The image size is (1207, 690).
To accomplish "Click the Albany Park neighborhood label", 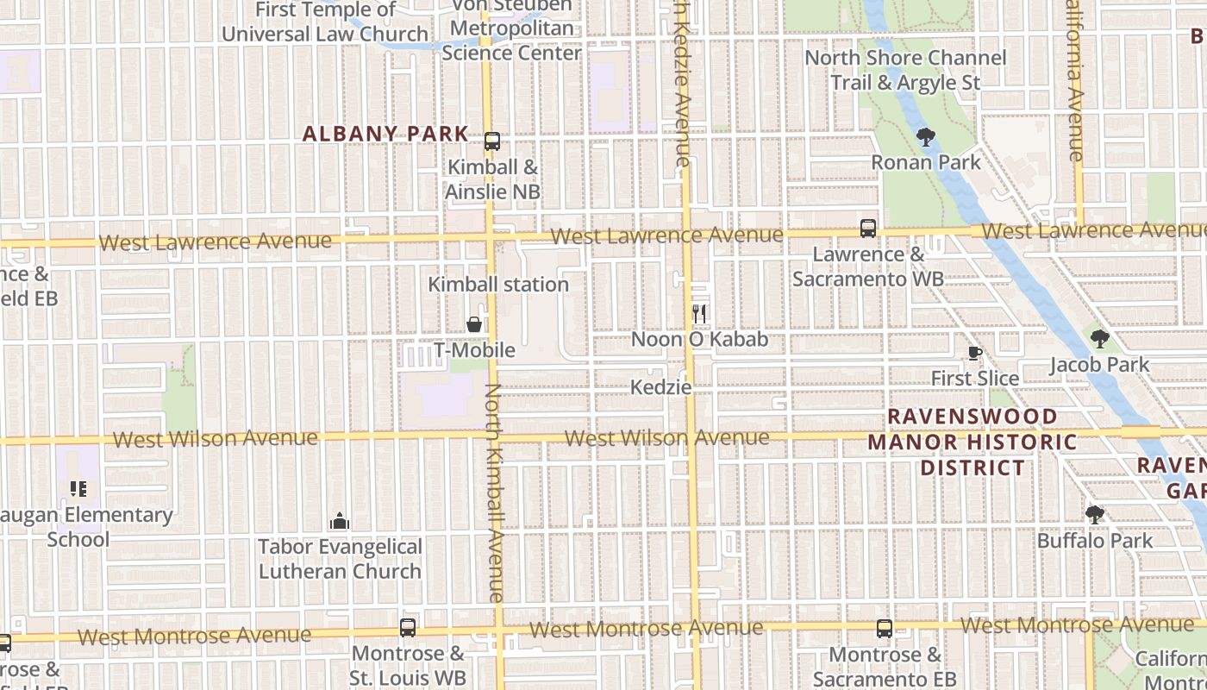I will [385, 134].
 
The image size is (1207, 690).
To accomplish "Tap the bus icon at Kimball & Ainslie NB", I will [492, 141].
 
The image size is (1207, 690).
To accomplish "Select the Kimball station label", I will [498, 284].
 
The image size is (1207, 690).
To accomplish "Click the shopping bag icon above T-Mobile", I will [474, 324].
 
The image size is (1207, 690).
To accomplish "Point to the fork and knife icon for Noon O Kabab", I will [699, 314].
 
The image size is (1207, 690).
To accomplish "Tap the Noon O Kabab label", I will [699, 339].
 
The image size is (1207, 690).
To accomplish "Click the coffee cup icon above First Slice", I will [974, 353].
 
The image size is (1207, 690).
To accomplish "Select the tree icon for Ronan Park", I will [926, 136].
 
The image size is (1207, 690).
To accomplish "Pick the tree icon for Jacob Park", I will [1099, 339].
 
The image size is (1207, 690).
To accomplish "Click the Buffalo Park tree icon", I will [1095, 515].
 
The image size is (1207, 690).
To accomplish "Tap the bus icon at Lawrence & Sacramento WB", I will [868, 229].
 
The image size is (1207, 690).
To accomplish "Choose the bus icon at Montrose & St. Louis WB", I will [408, 628].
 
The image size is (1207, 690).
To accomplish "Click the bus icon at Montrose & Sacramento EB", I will [885, 629].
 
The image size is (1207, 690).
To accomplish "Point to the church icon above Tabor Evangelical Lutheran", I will [340, 521].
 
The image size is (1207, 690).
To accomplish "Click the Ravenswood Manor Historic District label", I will [972, 442].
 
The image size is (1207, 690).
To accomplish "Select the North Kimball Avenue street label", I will [494, 492].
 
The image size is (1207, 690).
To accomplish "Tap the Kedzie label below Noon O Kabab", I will [661, 386].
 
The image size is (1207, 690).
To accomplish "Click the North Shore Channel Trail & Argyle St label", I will [905, 70].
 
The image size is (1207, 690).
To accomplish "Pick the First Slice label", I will [974, 378].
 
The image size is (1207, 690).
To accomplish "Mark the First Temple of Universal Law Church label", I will [325, 22].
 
